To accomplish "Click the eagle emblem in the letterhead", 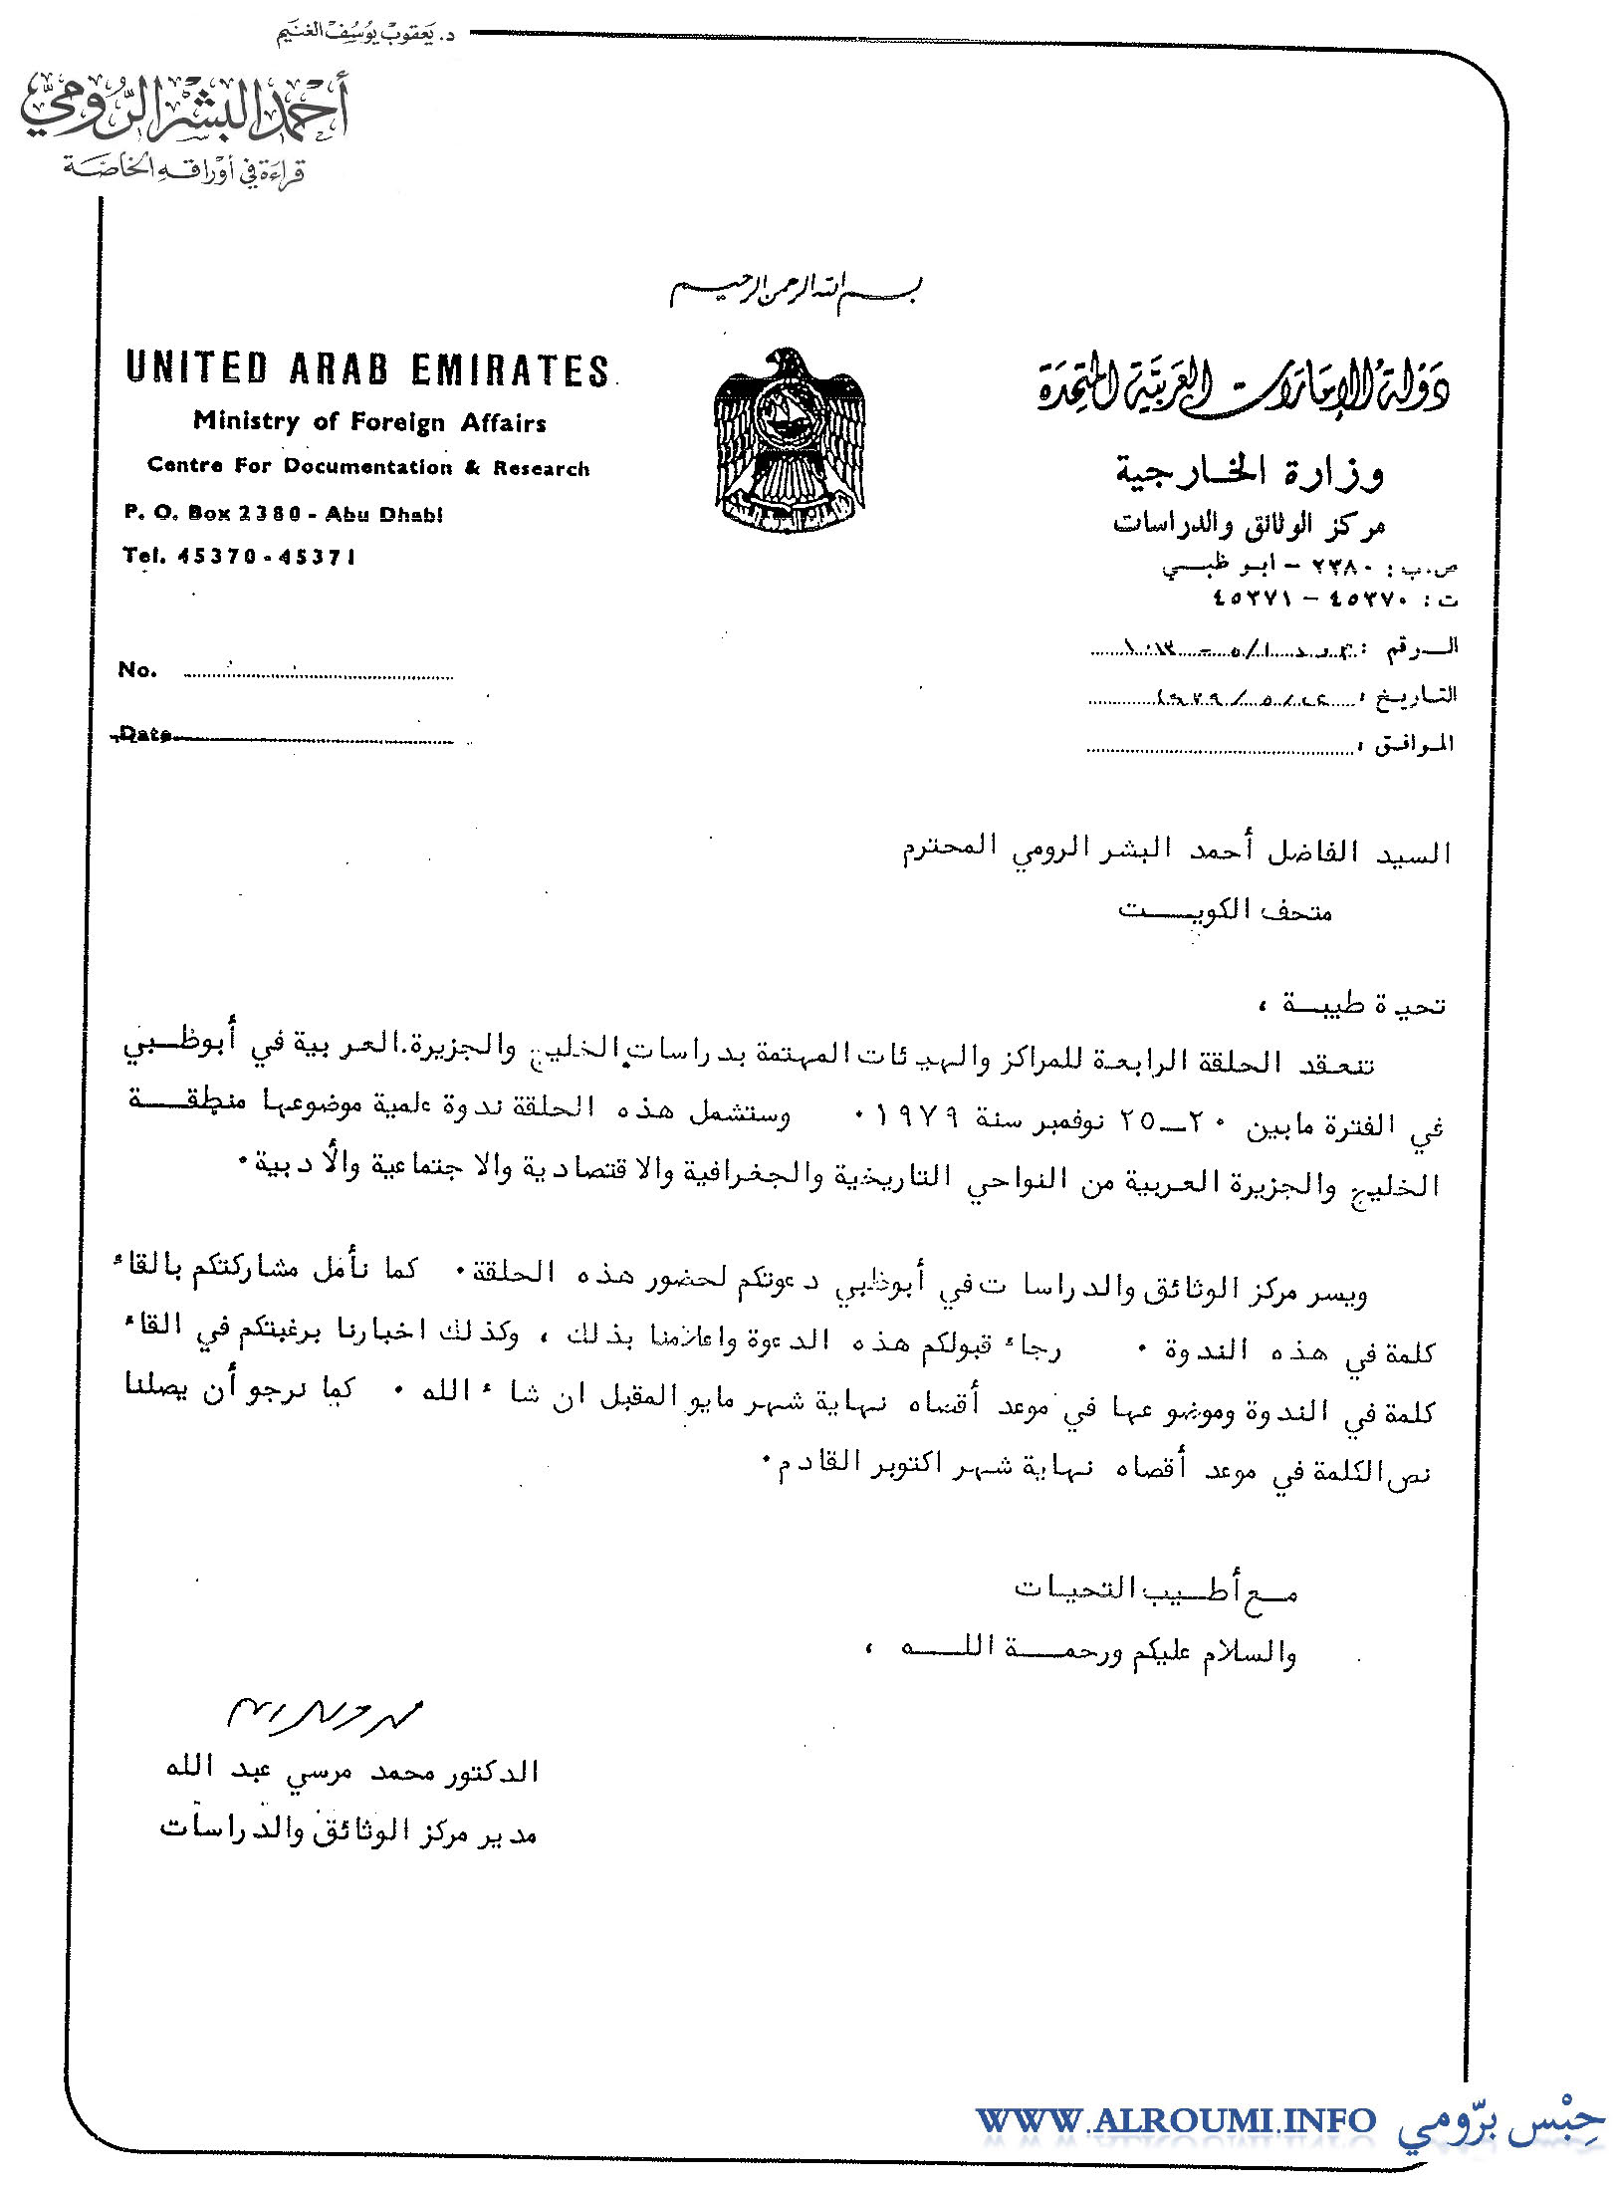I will (x=790, y=441).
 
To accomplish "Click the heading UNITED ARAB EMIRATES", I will (x=367, y=369).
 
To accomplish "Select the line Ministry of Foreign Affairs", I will (x=369, y=422).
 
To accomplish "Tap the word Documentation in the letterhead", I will (x=367, y=467).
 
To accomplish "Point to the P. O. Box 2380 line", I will (x=284, y=514).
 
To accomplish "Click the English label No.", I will (x=137, y=670).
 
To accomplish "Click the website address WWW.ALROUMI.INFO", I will (x=1175, y=2120).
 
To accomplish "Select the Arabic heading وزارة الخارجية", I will (x=1249, y=472).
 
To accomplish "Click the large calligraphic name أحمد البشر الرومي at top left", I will (x=184, y=112).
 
